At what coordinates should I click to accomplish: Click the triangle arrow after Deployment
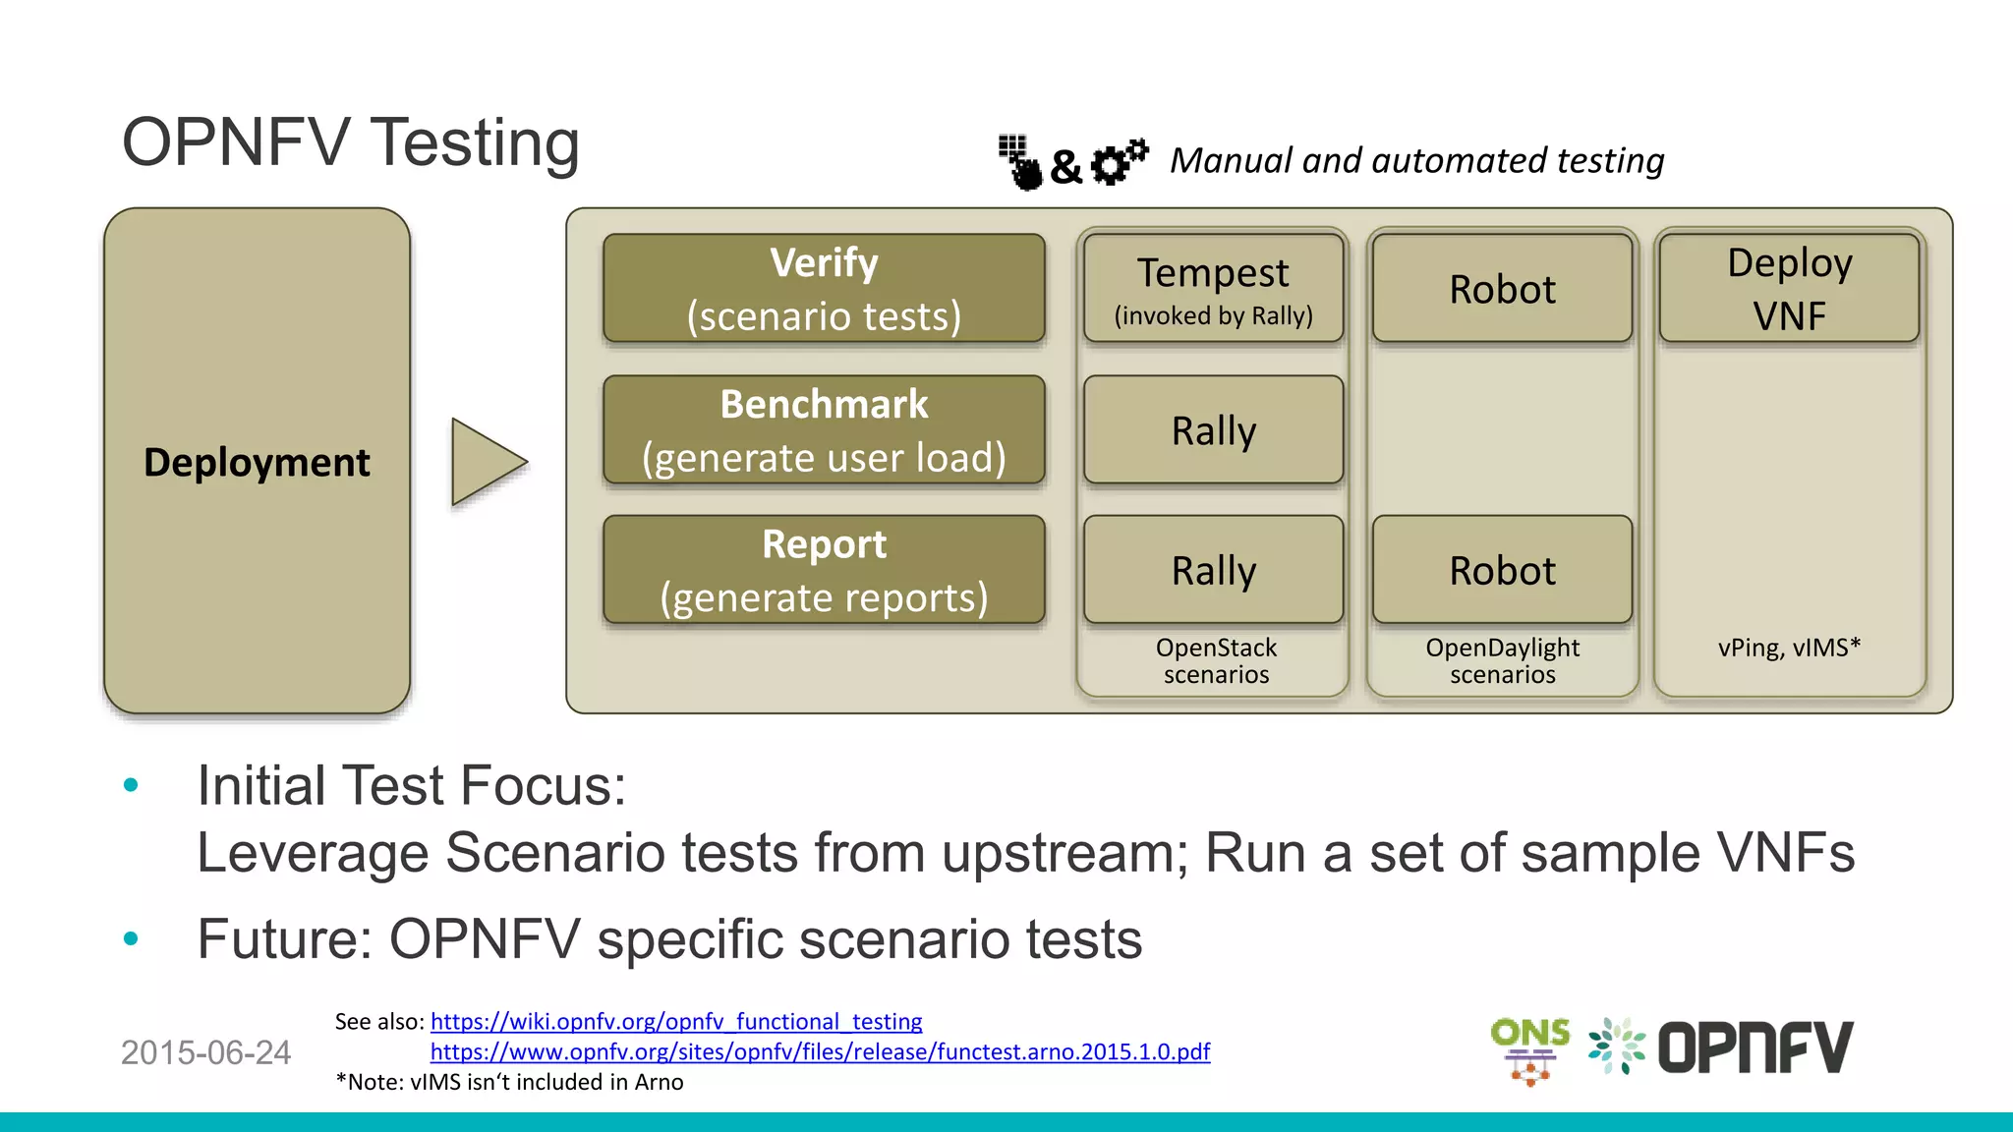click(484, 462)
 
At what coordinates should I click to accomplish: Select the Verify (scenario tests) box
click(824, 289)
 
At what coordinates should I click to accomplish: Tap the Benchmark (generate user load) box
click(824, 430)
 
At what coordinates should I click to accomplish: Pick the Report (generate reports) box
click(824, 570)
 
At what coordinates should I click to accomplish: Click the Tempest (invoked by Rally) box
click(1213, 289)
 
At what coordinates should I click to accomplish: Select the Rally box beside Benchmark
click(1213, 430)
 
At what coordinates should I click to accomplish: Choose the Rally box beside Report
click(1213, 570)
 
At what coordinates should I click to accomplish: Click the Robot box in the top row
click(1502, 289)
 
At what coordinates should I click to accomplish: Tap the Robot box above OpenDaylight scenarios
click(1502, 570)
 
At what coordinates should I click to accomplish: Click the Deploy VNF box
click(1789, 289)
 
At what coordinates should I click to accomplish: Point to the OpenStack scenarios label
click(1216, 661)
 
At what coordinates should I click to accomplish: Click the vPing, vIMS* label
click(1789, 648)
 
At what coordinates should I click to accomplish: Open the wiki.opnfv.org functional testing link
click(676, 1022)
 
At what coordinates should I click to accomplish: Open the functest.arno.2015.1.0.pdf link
click(820, 1052)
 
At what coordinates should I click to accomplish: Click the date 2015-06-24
click(205, 1053)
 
